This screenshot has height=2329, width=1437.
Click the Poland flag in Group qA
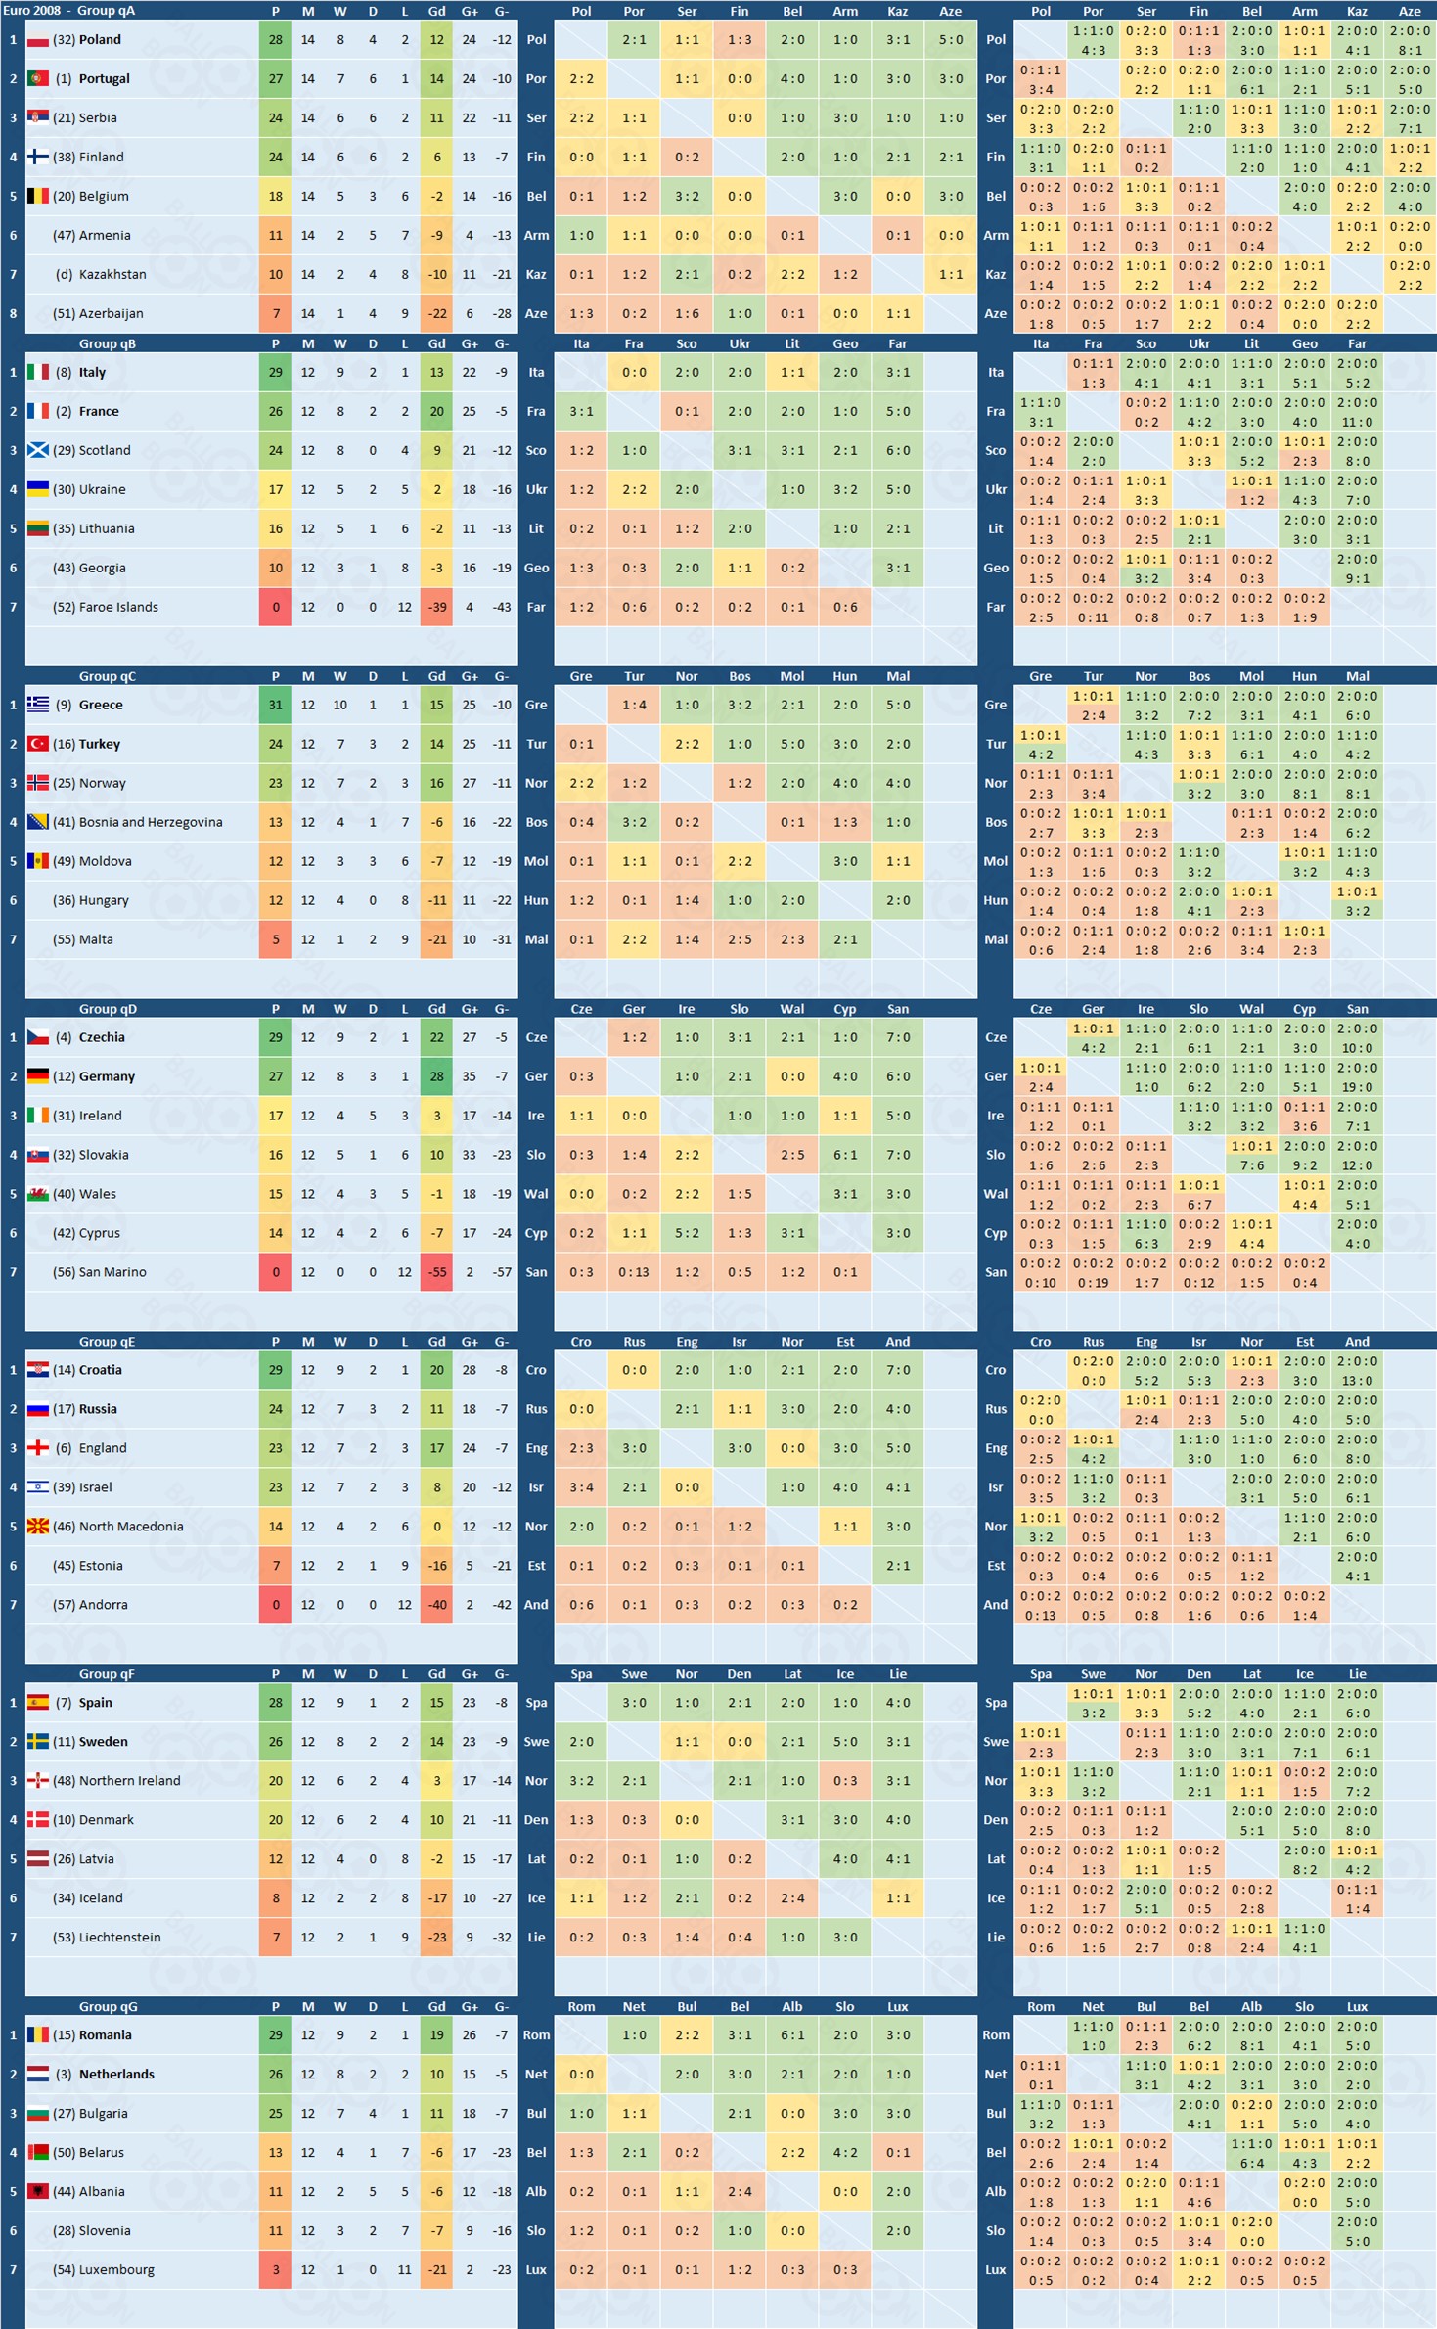(x=38, y=40)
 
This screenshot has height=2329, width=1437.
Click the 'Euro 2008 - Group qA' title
(x=69, y=10)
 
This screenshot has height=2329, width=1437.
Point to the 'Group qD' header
(x=108, y=1009)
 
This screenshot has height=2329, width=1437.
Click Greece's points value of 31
(x=275, y=705)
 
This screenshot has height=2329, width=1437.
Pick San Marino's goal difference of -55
(x=436, y=1272)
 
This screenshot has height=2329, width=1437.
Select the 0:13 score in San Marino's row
(x=634, y=1272)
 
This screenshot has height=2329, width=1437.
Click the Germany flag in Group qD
(x=38, y=1076)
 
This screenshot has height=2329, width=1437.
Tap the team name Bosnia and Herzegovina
(x=151, y=822)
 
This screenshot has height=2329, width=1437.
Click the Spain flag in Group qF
(x=38, y=1703)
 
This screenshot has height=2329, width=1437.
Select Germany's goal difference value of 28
(x=436, y=1076)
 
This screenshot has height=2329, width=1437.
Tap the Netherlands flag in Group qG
(x=38, y=2075)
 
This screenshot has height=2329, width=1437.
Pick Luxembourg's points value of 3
(x=275, y=2270)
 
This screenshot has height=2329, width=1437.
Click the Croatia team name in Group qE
(x=101, y=1370)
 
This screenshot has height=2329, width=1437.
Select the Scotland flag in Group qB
(x=38, y=450)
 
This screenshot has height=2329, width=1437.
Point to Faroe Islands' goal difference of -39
(x=436, y=607)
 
